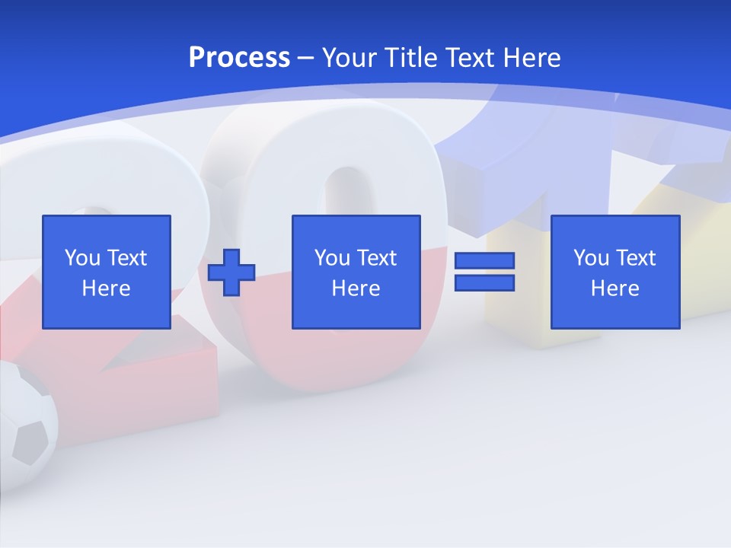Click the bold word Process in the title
(239, 58)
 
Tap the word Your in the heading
(351, 58)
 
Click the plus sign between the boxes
(231, 272)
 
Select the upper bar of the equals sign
(484, 260)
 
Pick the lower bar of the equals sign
(484, 283)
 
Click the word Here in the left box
(107, 288)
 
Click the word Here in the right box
(615, 288)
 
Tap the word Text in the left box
(126, 258)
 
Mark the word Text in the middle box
(376, 258)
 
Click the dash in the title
(306, 58)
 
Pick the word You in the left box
(82, 258)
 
